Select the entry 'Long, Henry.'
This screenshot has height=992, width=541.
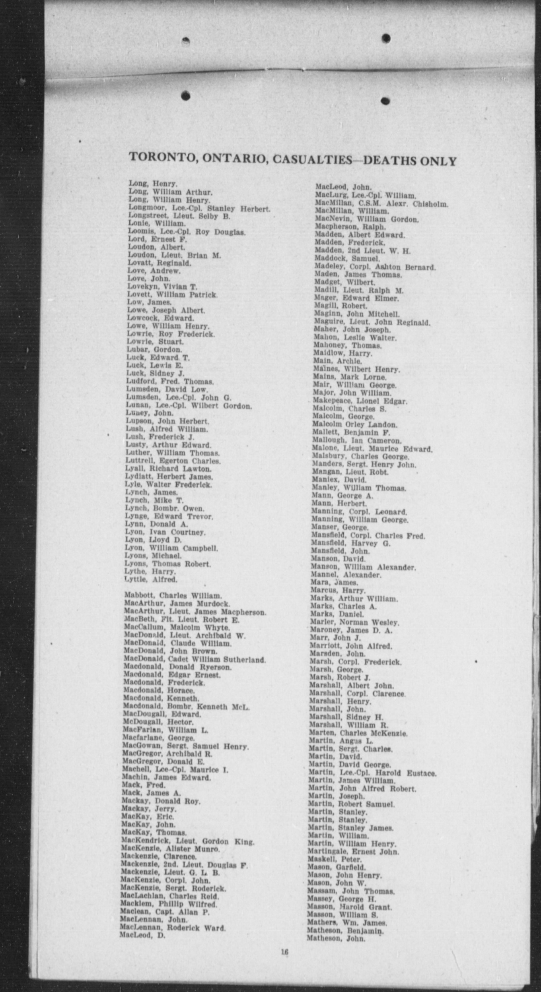[x=153, y=184]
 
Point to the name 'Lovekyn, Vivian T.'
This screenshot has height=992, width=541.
[x=162, y=287]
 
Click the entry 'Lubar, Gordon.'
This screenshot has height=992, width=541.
[x=154, y=350]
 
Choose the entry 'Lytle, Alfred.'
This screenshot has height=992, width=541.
[x=151, y=579]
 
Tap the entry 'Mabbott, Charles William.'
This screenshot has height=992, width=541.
[x=173, y=596]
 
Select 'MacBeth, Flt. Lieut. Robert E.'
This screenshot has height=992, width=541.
[x=181, y=620]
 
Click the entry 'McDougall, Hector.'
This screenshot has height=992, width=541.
[x=158, y=722]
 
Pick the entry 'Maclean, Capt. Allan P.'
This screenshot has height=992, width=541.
[x=165, y=913]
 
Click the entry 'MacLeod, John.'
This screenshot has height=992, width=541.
[x=343, y=187]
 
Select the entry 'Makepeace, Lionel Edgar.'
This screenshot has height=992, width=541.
[x=360, y=401]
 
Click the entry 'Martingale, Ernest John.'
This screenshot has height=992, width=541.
[x=353, y=852]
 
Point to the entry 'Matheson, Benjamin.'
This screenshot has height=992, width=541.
[x=345, y=931]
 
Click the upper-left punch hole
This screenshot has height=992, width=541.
[x=185, y=41]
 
